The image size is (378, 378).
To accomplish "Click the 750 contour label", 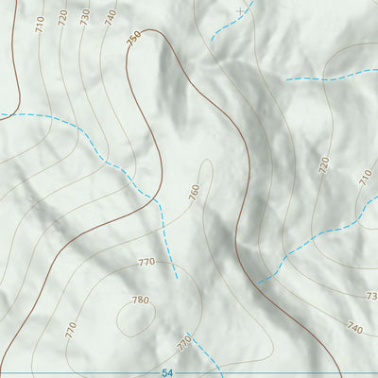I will (133, 37).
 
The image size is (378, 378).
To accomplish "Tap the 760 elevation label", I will (194, 192).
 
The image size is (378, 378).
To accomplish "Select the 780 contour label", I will (141, 301).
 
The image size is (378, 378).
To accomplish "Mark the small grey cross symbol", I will (240, 10).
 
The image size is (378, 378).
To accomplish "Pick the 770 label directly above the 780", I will (146, 262).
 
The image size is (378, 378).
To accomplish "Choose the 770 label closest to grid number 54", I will (184, 341).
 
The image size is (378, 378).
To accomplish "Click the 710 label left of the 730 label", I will (40, 26).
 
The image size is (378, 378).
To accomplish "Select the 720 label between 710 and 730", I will (63, 18).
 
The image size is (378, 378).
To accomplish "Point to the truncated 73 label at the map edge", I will (370, 296).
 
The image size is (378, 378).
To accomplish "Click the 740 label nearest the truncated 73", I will (354, 328).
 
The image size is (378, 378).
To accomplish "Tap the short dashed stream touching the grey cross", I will (225, 24).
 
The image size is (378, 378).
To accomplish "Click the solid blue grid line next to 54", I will (94, 373).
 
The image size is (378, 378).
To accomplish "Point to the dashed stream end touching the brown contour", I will (259, 281).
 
